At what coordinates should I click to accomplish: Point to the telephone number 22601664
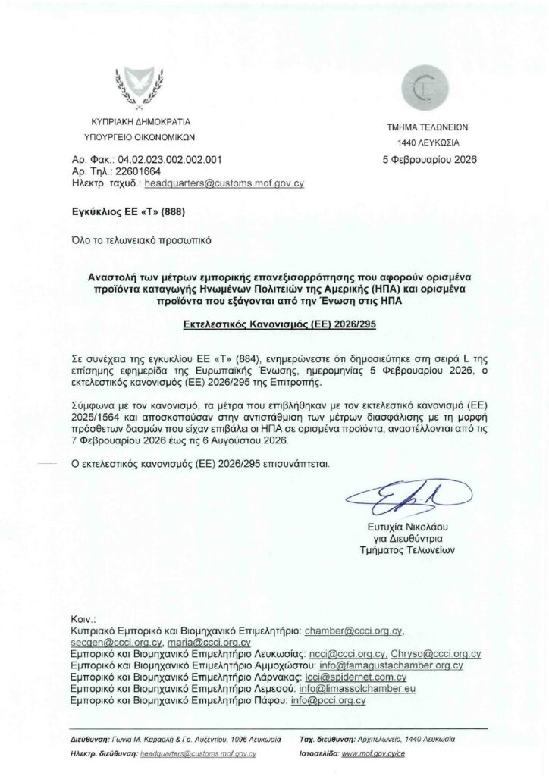(134, 172)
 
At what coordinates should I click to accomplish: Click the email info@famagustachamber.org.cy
(395, 665)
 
